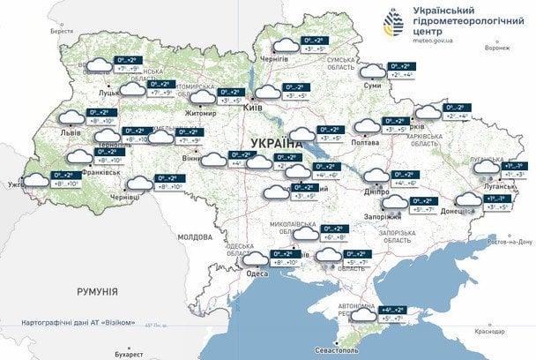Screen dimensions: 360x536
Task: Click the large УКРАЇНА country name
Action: [x=278, y=143]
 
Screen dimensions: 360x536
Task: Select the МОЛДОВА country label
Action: [x=195, y=238]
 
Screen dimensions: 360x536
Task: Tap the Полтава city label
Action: [x=365, y=141]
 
